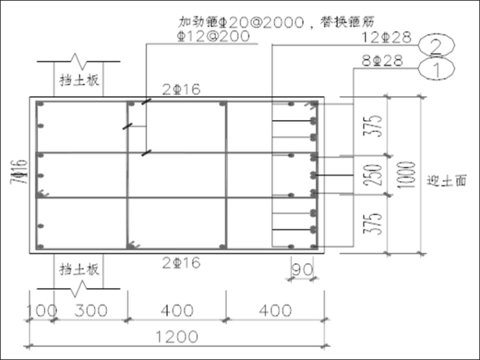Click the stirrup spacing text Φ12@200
214,36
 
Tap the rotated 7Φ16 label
19,172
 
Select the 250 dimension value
375,175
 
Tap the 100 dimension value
41,311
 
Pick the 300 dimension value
89,311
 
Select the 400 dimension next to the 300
177,311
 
